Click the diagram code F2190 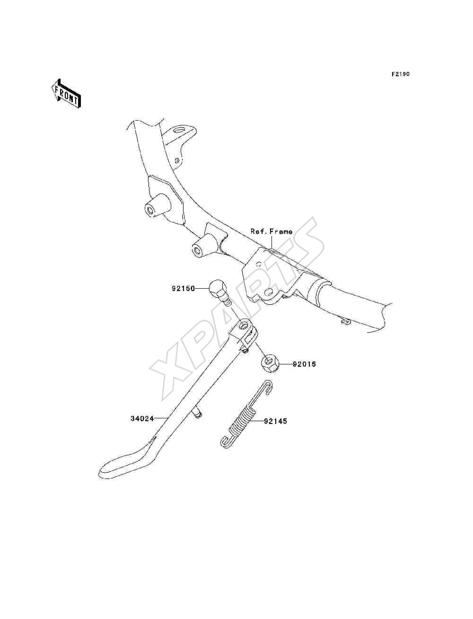coord(400,74)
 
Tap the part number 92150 coord(183,289)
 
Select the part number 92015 coord(304,364)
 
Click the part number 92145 coord(275,429)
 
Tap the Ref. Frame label coord(272,231)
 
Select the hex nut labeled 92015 coord(271,364)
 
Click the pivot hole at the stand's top coord(243,326)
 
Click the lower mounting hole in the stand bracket coord(270,291)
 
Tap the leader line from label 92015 coord(286,364)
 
